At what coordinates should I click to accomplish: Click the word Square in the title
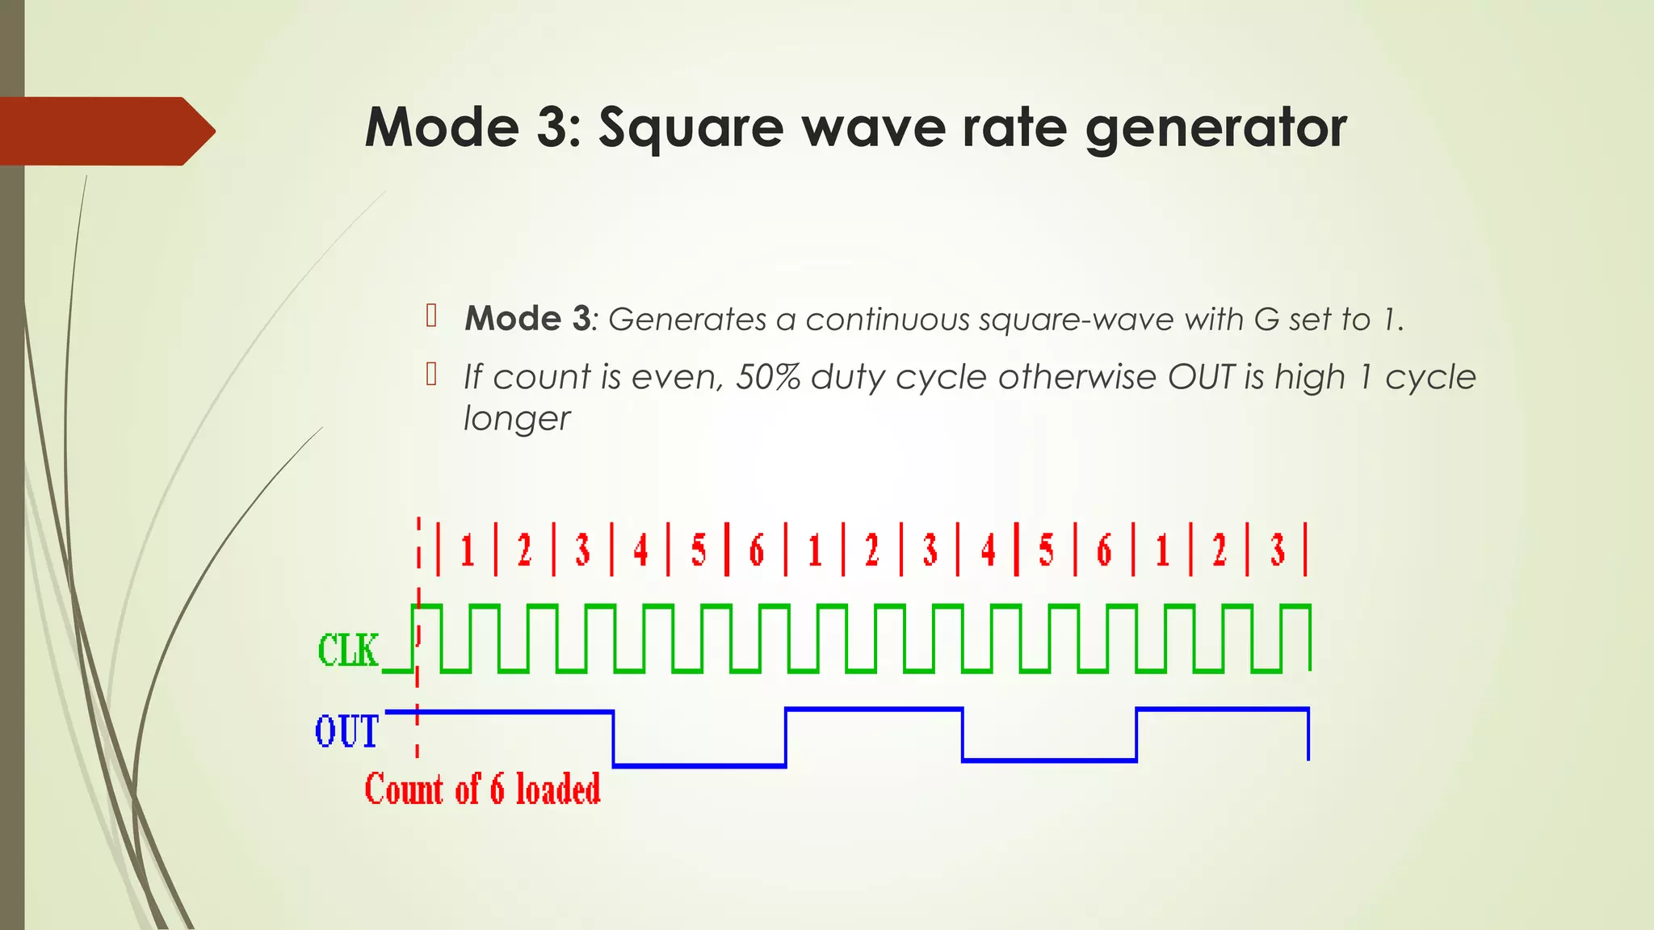click(691, 129)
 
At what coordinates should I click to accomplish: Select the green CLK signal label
click(348, 651)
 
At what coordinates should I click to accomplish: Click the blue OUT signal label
click(346, 731)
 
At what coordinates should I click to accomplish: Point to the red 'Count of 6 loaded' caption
click(482, 789)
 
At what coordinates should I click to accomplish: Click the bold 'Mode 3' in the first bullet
click(528, 319)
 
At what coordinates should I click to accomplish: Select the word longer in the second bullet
click(517, 418)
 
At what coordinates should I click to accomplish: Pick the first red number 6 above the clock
click(757, 551)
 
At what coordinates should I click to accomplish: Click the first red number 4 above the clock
click(640, 551)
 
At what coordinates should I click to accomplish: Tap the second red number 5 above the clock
click(1046, 551)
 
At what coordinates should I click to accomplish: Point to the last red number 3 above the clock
click(1278, 551)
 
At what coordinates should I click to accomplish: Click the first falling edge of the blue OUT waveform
click(614, 738)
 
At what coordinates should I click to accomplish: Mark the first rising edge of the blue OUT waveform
click(786, 736)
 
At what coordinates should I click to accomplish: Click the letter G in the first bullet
click(1266, 320)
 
